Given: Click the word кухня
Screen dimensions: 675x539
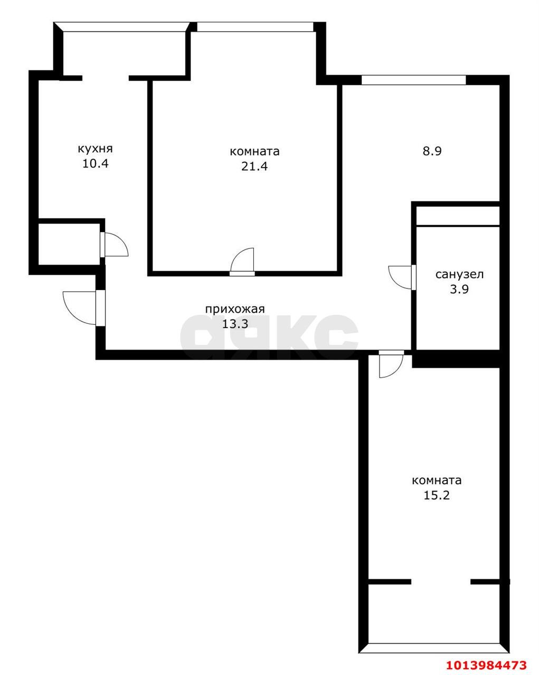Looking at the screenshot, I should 95,149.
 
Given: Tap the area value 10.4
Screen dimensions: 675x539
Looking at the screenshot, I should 95,163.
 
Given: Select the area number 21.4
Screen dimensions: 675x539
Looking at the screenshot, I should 254,167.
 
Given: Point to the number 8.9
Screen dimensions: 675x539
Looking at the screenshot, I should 432,151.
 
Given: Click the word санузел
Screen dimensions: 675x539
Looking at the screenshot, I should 459,274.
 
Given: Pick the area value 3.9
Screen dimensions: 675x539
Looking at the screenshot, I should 459,289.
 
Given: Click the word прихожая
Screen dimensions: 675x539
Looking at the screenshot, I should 234,309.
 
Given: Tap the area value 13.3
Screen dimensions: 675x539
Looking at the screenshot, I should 234,324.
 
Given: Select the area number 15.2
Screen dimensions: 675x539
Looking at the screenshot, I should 437,495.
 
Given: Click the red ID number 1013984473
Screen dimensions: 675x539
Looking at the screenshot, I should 486,664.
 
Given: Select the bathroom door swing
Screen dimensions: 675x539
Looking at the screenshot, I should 401,277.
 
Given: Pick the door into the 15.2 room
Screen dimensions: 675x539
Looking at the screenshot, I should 391,364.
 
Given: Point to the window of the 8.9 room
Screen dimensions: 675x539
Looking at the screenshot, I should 414,80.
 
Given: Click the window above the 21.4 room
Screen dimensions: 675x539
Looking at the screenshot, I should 255,26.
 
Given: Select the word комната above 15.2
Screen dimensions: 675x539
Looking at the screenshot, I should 437,480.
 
